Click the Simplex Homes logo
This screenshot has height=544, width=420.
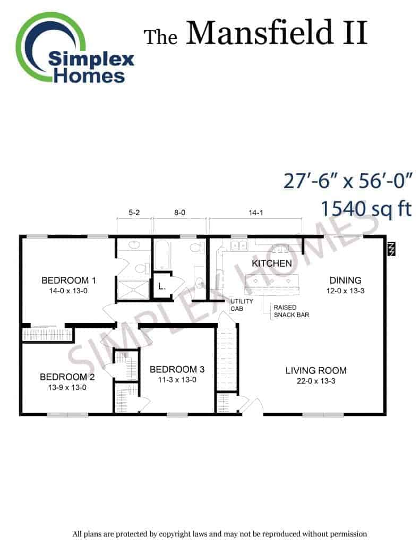click(x=74, y=48)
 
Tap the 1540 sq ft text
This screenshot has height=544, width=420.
click(x=366, y=208)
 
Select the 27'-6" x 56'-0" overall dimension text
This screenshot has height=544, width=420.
click(x=348, y=181)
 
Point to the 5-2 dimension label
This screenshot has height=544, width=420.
click(x=134, y=212)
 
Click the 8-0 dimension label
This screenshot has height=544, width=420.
click(x=179, y=212)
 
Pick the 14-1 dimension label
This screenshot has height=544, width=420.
click(x=256, y=212)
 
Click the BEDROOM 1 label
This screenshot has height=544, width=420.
click(x=68, y=280)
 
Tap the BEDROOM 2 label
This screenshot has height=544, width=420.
click(x=67, y=377)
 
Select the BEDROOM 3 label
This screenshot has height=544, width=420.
click(x=177, y=370)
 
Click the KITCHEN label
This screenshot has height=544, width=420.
click(x=272, y=263)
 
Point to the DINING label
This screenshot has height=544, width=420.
click(x=346, y=280)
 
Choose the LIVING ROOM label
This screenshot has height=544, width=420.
click(x=316, y=370)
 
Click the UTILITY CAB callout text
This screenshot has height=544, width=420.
click(x=242, y=305)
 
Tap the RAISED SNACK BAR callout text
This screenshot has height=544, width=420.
click(x=292, y=311)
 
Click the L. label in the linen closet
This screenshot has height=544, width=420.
click(x=161, y=287)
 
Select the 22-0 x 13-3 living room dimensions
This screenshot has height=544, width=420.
click(x=316, y=381)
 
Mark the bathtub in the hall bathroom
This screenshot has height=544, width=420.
click(x=162, y=256)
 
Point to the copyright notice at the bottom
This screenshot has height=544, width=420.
click(x=219, y=533)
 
